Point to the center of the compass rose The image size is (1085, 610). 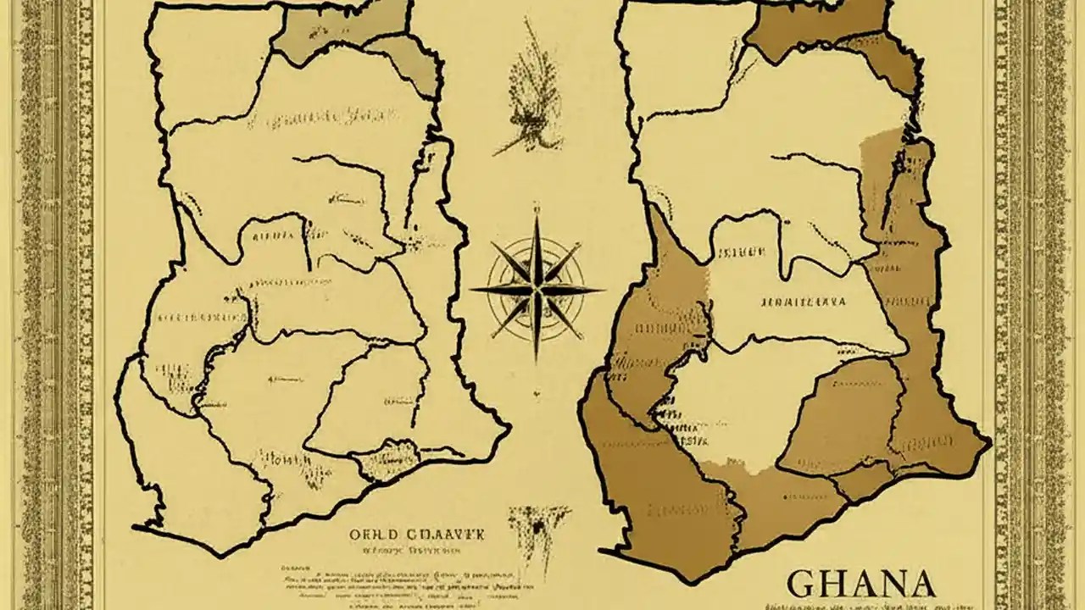pyautogui.click(x=536, y=290)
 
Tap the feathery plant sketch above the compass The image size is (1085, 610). pyautogui.click(x=532, y=93)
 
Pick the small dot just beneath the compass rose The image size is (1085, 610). pyautogui.click(x=536, y=393)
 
